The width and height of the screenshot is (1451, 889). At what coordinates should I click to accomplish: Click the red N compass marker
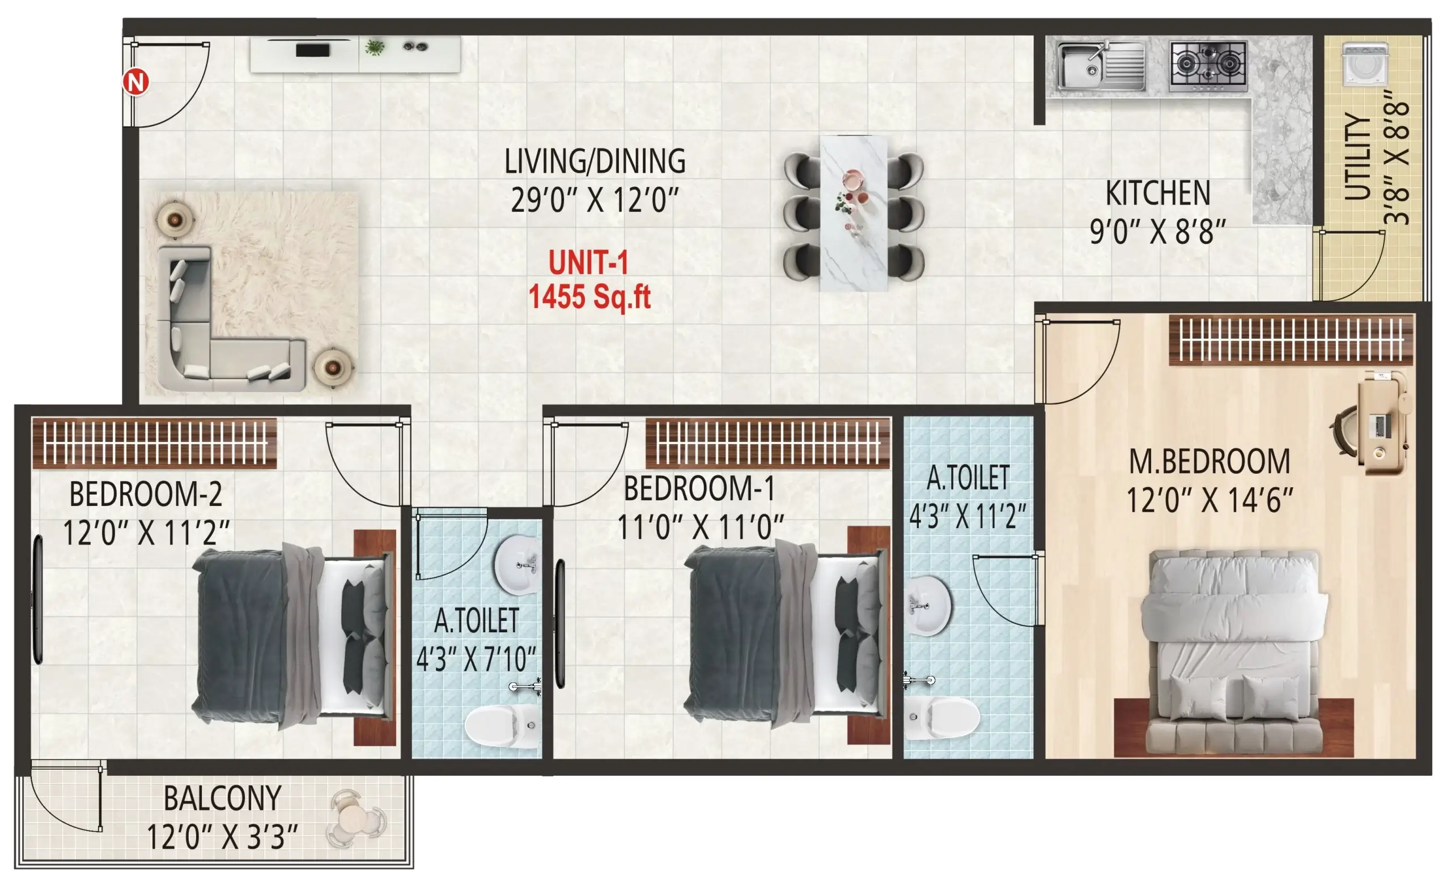[136, 82]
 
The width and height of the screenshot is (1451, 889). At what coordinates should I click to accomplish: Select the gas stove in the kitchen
[1208, 65]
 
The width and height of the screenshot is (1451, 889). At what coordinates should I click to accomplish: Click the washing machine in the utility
[1365, 65]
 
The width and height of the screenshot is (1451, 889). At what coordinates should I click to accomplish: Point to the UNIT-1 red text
[588, 262]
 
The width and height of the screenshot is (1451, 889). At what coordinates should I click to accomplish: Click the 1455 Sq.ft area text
[589, 297]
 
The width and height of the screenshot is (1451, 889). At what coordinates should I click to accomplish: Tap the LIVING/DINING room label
[595, 161]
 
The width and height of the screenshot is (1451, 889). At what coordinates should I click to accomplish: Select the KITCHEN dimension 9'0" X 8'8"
[1157, 231]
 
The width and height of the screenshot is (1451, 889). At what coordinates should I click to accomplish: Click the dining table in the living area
[854, 213]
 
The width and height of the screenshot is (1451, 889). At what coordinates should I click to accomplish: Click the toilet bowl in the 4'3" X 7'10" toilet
[500, 725]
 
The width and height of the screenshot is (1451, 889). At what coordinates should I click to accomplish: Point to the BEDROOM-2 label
[146, 495]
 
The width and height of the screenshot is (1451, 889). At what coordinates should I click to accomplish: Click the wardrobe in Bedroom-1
[767, 443]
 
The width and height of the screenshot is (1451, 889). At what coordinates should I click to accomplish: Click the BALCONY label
[222, 799]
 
